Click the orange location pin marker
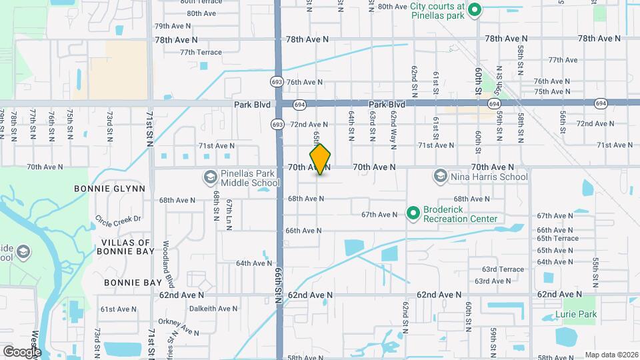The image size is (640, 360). (320, 159)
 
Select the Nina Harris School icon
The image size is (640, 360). (440, 177)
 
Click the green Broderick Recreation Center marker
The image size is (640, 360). (413, 213)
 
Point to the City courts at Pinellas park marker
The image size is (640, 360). (475, 10)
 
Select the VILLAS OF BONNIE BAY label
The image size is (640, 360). (126, 247)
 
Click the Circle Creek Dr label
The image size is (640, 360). (118, 218)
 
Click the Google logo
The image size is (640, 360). (21, 351)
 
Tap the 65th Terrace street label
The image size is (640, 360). (557, 238)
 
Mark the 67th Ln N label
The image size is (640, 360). (229, 213)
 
